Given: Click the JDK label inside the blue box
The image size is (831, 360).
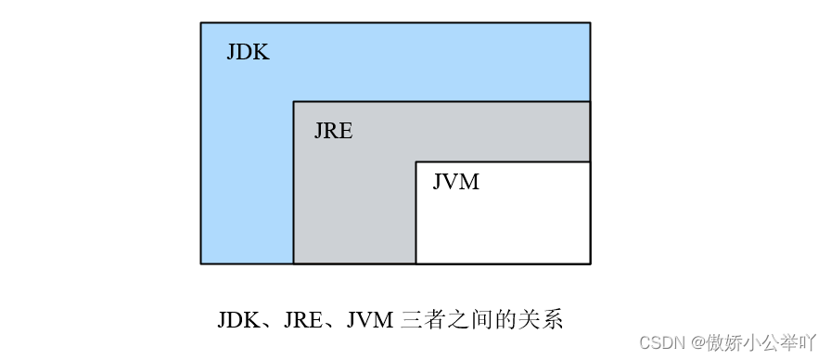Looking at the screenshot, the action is pyautogui.click(x=248, y=52).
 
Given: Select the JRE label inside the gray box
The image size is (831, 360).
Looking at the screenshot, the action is pyautogui.click(x=333, y=131).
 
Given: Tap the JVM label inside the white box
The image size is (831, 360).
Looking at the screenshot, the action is pyautogui.click(x=455, y=182).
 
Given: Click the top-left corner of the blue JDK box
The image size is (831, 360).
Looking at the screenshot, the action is pyautogui.click(x=201, y=22).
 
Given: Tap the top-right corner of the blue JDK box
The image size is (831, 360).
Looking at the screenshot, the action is pyautogui.click(x=590, y=22).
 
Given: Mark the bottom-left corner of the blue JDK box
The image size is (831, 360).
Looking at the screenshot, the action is pyautogui.click(x=201, y=264).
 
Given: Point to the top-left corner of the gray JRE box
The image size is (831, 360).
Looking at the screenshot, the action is pyautogui.click(x=293, y=101).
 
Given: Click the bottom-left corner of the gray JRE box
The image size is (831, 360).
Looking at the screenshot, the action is pyautogui.click(x=293, y=264).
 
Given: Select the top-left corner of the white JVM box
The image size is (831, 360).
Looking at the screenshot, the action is pyautogui.click(x=415, y=161).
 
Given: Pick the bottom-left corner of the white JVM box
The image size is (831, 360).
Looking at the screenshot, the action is pyautogui.click(x=415, y=264).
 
